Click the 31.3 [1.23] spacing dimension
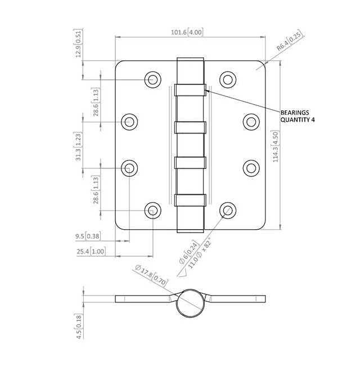tap(79, 145)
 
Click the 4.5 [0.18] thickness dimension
tap(79, 327)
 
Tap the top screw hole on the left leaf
tap(152, 79)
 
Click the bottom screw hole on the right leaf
tap(227, 211)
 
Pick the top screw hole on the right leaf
tap(227, 79)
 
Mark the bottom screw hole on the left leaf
tap(152, 211)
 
